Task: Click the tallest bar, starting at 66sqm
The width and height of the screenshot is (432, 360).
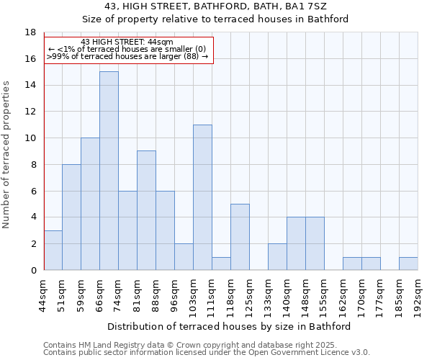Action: (109, 171)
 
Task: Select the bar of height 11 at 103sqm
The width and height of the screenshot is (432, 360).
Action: (202, 197)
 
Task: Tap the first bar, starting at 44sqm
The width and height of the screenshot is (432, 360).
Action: (53, 250)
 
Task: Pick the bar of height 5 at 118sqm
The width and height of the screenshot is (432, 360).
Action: (240, 237)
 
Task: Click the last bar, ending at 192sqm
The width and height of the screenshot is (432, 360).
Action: (408, 264)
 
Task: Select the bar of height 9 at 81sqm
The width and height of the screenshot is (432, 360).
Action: (146, 210)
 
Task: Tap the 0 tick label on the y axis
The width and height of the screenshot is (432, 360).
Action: (32, 270)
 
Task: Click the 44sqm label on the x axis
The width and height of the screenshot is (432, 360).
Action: (44, 292)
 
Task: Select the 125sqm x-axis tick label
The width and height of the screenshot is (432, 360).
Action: (250, 294)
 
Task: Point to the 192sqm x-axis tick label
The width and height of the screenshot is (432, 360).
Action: (418, 294)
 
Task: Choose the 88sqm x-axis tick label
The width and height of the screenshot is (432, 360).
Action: (156, 292)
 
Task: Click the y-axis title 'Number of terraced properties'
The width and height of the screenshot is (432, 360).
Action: (6, 154)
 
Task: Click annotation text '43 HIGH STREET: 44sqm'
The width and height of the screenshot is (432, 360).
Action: (127, 42)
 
